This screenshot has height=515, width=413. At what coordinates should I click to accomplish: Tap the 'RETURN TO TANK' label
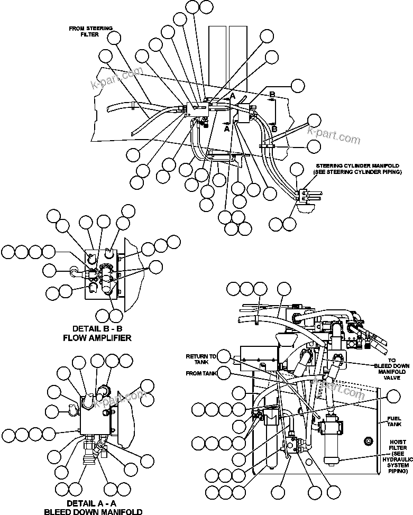(200, 360)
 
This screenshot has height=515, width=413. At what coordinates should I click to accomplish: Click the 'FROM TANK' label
(200, 373)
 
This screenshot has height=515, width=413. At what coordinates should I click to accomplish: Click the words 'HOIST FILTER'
(398, 445)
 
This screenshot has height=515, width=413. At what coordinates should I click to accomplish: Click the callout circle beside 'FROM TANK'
(224, 373)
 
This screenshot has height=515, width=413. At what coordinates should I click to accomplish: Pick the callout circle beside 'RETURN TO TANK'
(225, 356)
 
